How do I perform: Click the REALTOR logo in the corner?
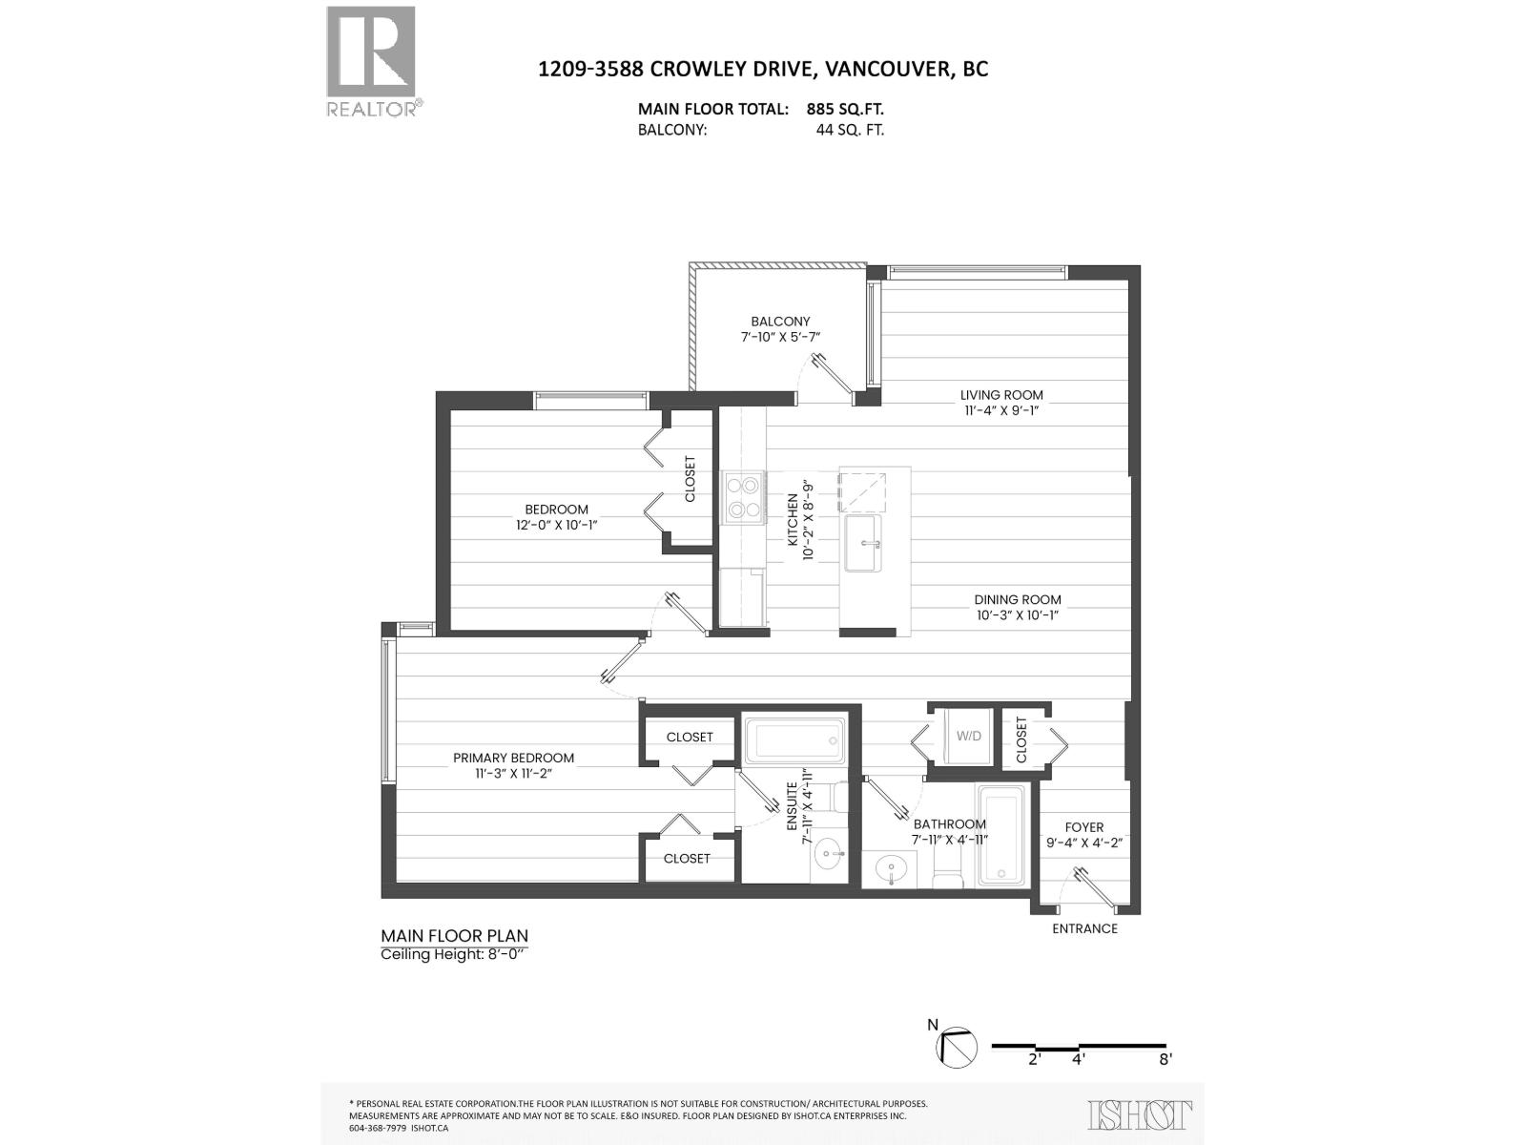[x=372, y=60]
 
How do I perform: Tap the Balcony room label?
[x=779, y=322]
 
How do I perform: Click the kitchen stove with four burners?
[x=744, y=497]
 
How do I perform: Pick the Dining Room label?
[x=1018, y=600]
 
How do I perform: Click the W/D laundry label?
[x=968, y=736]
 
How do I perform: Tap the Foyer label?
[x=1084, y=827]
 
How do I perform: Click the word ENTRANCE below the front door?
[x=1084, y=928]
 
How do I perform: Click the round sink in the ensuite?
[x=827, y=854]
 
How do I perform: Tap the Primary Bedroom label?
[x=513, y=759]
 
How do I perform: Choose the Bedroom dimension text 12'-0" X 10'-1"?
[x=557, y=525]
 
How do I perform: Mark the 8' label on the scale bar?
[x=1165, y=1058]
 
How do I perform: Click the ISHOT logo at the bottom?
[x=1140, y=1114]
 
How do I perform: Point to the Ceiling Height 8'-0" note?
[x=453, y=954]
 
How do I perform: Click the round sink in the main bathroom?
[x=894, y=869]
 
